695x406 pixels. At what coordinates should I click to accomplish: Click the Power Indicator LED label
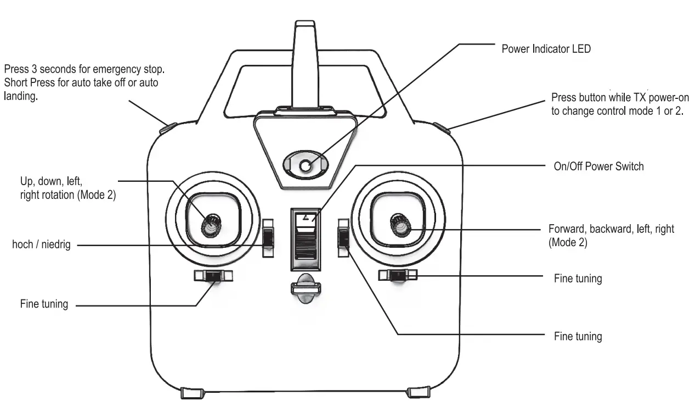(546, 49)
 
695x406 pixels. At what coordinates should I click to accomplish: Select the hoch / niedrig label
(41, 244)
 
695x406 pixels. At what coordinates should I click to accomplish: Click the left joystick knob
(210, 225)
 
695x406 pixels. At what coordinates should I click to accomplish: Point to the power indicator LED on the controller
(306, 165)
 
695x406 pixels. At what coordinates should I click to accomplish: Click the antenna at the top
(305, 63)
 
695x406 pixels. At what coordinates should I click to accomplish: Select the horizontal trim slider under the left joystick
(213, 275)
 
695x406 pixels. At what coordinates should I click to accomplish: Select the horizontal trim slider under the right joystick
(398, 275)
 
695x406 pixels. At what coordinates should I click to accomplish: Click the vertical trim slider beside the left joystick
(268, 238)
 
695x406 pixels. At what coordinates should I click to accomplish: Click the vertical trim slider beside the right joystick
(343, 237)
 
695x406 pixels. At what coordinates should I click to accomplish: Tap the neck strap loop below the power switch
(304, 288)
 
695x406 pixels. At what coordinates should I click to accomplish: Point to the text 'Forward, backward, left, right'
(611, 229)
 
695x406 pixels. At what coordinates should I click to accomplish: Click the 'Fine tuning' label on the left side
(44, 304)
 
